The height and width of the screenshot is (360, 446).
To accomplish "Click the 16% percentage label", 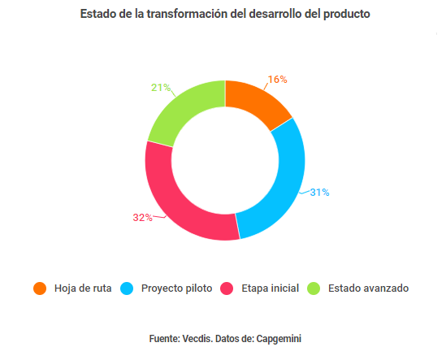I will point(278,80).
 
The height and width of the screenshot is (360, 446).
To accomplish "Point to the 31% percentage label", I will point(318,193).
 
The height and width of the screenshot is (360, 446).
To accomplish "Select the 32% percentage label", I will point(143,217).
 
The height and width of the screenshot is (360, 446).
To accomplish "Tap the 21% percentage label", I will point(161,87).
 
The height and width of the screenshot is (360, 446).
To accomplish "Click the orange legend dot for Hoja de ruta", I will point(40,288).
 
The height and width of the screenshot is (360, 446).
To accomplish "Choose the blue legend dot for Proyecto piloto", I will point(127,288).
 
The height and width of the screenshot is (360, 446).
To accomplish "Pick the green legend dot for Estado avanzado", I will point(314,288).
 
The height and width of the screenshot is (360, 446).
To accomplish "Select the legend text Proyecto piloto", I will point(176,288).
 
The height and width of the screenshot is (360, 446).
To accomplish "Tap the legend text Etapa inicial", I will point(270,288).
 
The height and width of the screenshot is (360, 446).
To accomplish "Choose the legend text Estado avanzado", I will point(368,288).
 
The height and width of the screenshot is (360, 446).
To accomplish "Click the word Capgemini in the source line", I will point(279,337).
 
